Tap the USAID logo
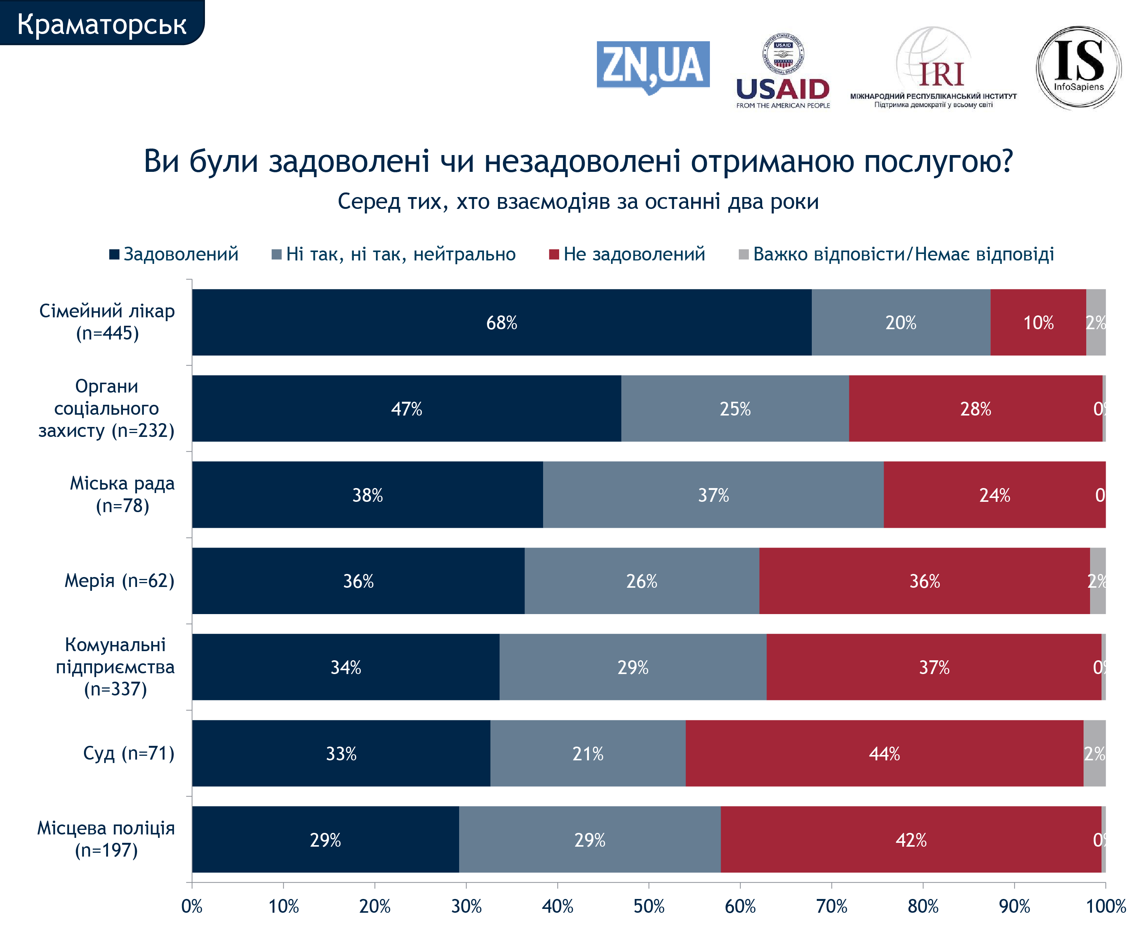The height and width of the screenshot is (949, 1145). (782, 71)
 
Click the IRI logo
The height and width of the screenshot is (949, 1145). (934, 69)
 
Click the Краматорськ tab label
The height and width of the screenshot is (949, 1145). (102, 23)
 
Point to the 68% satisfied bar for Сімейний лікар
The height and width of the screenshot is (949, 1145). (501, 322)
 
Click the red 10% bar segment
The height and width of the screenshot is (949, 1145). (1038, 322)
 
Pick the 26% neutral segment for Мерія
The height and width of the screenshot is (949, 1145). (641, 581)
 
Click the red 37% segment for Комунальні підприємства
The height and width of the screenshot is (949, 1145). (934, 667)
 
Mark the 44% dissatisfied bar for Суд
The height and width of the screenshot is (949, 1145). (884, 753)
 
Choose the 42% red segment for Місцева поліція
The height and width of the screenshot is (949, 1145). (911, 839)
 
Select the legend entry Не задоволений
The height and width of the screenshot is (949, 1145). (627, 254)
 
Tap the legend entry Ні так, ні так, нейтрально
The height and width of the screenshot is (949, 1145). (393, 254)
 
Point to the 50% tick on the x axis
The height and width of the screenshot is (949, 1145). (648, 906)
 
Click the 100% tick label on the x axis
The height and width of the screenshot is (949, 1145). (1106, 906)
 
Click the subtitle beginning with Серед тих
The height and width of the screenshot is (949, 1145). (578, 202)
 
